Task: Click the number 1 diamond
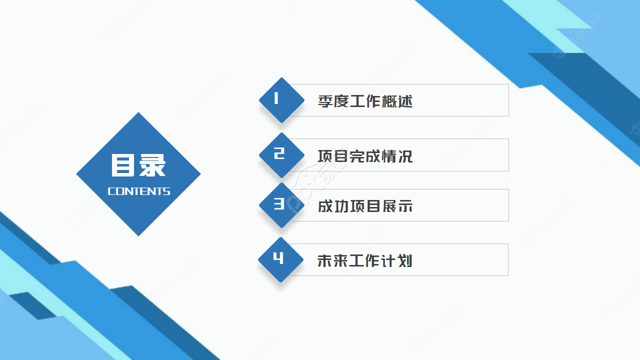(281, 100)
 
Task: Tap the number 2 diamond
(281, 155)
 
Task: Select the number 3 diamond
(281, 205)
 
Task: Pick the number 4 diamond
(280, 259)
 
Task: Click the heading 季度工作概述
(365, 101)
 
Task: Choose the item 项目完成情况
(365, 156)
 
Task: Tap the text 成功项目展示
(365, 206)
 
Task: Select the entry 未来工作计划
(365, 260)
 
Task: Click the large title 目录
(138, 165)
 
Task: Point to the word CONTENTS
(139, 191)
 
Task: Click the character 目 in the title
(123, 165)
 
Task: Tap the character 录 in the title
(152, 165)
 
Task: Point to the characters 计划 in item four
(397, 260)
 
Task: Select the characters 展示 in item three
(397, 206)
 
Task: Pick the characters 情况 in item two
(397, 156)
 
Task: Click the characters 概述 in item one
(397, 101)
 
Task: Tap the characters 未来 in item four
(333, 260)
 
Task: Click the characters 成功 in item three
(333, 206)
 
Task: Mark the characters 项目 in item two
(333, 156)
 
